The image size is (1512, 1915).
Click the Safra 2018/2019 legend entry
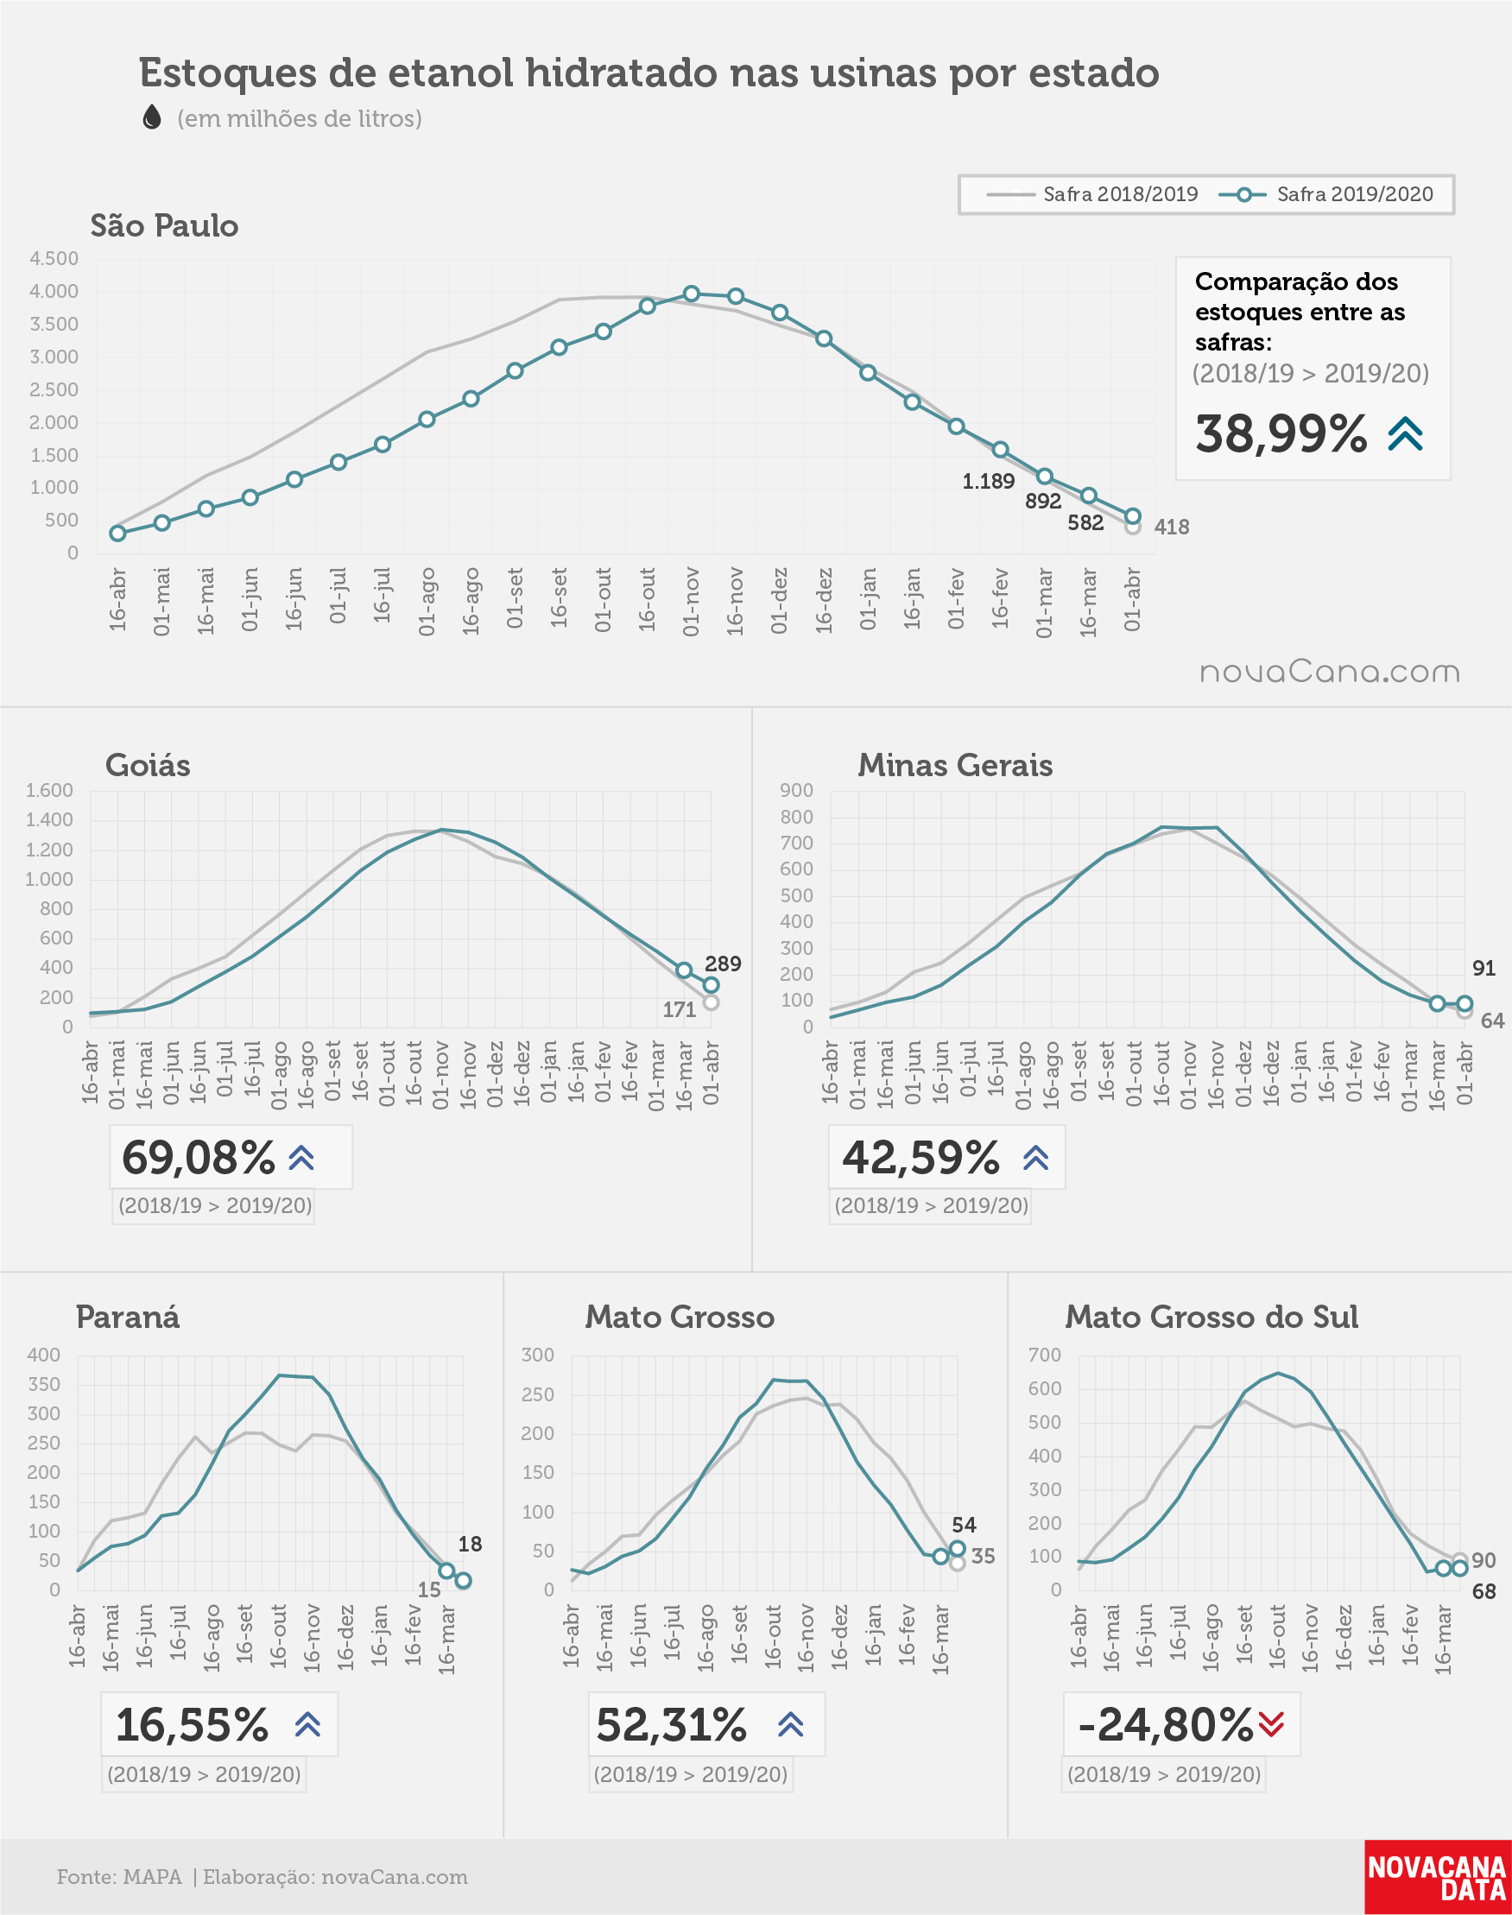tap(1091, 194)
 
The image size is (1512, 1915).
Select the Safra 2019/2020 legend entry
tap(1325, 194)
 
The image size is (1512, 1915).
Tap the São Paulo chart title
tap(165, 225)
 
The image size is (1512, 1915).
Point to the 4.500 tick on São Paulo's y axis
tap(54, 258)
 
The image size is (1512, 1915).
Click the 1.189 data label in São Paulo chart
tap(989, 482)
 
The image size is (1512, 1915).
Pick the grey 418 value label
tap(1171, 527)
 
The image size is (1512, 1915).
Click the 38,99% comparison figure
tap(1281, 433)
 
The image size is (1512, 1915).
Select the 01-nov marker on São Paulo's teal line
tap(692, 294)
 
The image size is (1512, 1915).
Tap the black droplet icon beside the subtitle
tap(152, 117)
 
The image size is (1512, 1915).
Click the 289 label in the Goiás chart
tap(724, 964)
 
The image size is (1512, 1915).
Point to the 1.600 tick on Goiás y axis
tap(49, 790)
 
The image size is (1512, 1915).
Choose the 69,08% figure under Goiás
tap(199, 1157)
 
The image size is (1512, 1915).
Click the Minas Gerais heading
tap(955, 766)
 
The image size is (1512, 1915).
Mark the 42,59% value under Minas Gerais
tap(920, 1157)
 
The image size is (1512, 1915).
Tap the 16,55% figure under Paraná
tap(192, 1725)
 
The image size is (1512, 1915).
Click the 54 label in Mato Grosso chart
tap(964, 1525)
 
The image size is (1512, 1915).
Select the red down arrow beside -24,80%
tap(1271, 1724)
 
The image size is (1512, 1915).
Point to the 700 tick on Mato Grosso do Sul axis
tap(1045, 1355)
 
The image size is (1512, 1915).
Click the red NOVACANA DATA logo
tap(1438, 1877)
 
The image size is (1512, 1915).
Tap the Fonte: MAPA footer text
tap(119, 1877)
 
